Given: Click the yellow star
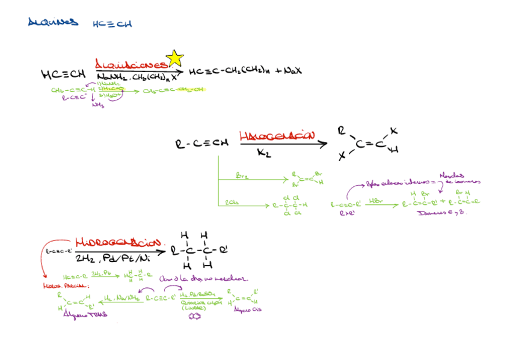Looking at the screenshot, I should [x=174, y=58].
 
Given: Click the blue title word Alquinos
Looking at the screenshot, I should [x=53, y=23].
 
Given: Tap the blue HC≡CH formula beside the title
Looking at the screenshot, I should [x=112, y=24].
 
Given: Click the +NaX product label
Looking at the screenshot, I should [x=289, y=72].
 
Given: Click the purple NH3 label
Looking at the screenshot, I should [x=97, y=105].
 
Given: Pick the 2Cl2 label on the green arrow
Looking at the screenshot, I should [x=231, y=203].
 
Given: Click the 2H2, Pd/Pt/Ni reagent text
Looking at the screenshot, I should [x=112, y=258].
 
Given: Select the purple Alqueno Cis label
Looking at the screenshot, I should [x=246, y=310].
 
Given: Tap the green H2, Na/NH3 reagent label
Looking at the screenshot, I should [x=122, y=297].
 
